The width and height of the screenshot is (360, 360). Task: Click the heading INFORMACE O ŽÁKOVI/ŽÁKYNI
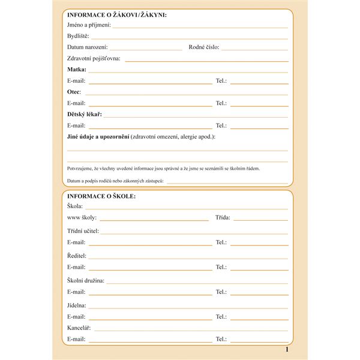tap(117, 14)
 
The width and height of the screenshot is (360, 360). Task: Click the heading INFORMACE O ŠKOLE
tap(101, 196)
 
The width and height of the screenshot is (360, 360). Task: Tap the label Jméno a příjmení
tap(89, 25)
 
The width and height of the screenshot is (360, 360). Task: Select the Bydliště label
tap(78, 36)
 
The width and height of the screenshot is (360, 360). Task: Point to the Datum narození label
tap(88, 47)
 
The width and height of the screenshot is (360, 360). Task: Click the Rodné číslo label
tap(204, 47)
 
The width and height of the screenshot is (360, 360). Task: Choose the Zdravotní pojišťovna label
tap(94, 58)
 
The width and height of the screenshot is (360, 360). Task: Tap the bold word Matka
tap(77, 70)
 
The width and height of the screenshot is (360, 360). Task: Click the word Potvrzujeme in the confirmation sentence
tap(81, 169)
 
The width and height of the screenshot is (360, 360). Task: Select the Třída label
tap(223, 218)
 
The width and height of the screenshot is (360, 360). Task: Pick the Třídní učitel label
tap(83, 231)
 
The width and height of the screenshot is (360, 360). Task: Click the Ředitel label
tap(77, 256)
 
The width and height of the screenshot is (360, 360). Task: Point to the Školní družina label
tap(86, 280)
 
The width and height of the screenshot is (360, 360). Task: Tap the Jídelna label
tap(77, 305)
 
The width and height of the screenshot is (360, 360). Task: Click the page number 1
tap(287, 349)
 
